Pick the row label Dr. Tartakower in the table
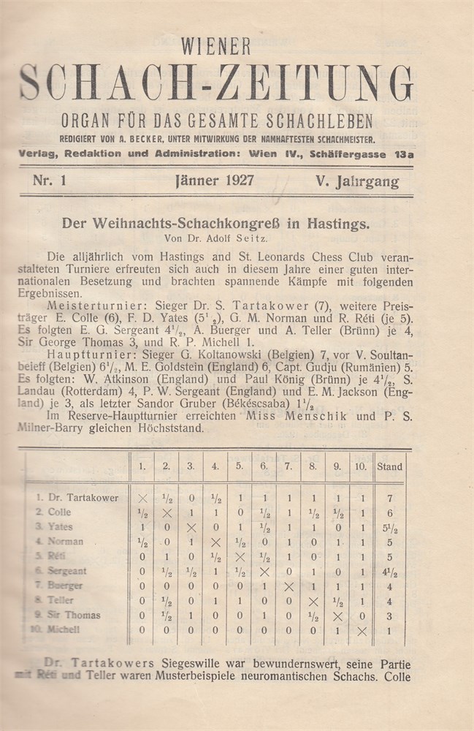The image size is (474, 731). click(81, 498)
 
